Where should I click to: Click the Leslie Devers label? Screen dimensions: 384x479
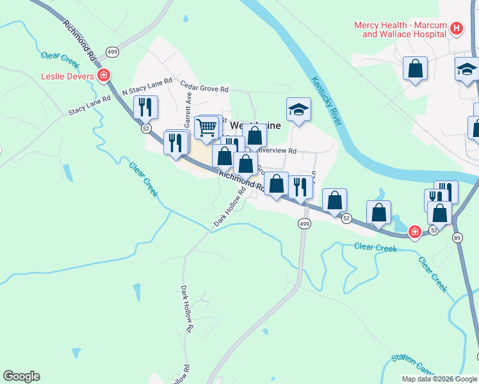pos(67,76)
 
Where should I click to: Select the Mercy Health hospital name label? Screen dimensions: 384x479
pos(400,29)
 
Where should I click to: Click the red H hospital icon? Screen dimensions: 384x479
pos(456,28)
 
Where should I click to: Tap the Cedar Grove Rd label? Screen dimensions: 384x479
pos(204,87)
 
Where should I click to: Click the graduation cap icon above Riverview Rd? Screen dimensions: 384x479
pos(298,109)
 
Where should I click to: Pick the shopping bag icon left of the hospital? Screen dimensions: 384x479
pos(415,68)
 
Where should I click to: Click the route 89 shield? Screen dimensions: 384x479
pos(457,237)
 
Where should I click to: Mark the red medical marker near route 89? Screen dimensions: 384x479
pos(415,232)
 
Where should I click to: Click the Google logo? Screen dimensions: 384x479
pos(21,376)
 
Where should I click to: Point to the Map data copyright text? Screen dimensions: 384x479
pos(439,379)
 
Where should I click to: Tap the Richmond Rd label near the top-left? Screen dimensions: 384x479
pos(79,39)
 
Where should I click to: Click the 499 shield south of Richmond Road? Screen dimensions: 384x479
pos(304,223)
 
